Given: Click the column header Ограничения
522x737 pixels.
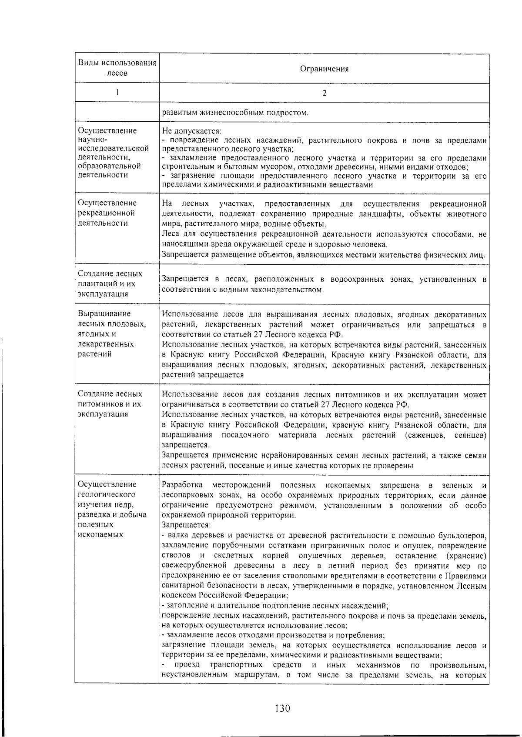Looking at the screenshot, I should click(x=325, y=69).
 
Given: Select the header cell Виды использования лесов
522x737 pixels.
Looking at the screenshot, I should click(x=117, y=68).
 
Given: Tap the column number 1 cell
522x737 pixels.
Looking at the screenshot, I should click(x=117, y=92).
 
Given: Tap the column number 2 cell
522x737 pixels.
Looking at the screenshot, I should click(x=325, y=93).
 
